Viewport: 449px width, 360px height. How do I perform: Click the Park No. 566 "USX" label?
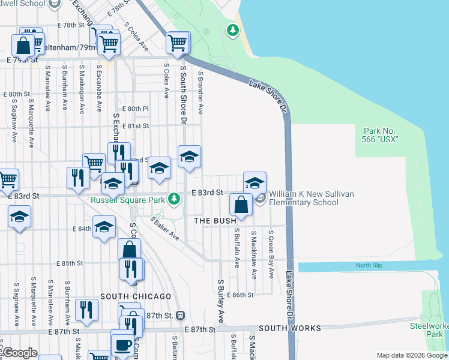(x=381, y=135)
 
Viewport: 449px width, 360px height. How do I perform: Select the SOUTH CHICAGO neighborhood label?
(x=136, y=296)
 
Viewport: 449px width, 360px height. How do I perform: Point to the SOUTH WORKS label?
(x=290, y=328)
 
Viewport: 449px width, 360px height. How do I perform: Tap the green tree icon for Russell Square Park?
(x=173, y=197)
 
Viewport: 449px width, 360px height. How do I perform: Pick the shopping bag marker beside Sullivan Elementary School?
(x=241, y=205)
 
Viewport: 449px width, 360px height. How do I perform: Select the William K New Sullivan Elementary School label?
(x=303, y=198)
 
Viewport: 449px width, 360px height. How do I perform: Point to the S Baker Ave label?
(x=165, y=230)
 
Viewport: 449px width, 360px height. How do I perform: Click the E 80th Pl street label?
(x=135, y=109)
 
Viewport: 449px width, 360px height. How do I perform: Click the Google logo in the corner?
(x=20, y=353)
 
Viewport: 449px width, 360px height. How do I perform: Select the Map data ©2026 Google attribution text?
(x=411, y=355)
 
